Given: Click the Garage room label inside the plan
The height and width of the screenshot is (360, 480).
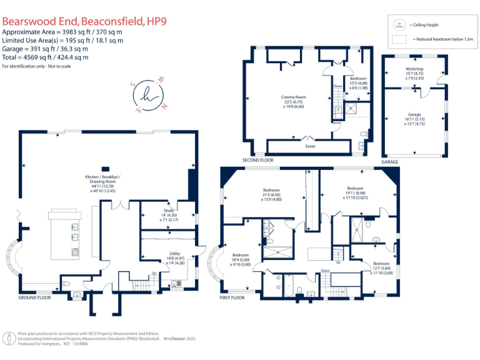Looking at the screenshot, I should (x=414, y=114).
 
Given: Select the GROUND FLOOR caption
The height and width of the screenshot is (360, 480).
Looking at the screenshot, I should (x=35, y=298).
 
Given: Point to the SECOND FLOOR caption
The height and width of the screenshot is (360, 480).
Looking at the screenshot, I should (x=258, y=161).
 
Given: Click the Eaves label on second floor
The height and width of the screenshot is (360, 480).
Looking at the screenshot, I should (x=310, y=146).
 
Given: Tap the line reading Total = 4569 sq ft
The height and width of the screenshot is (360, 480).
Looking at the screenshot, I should (x=46, y=56).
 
